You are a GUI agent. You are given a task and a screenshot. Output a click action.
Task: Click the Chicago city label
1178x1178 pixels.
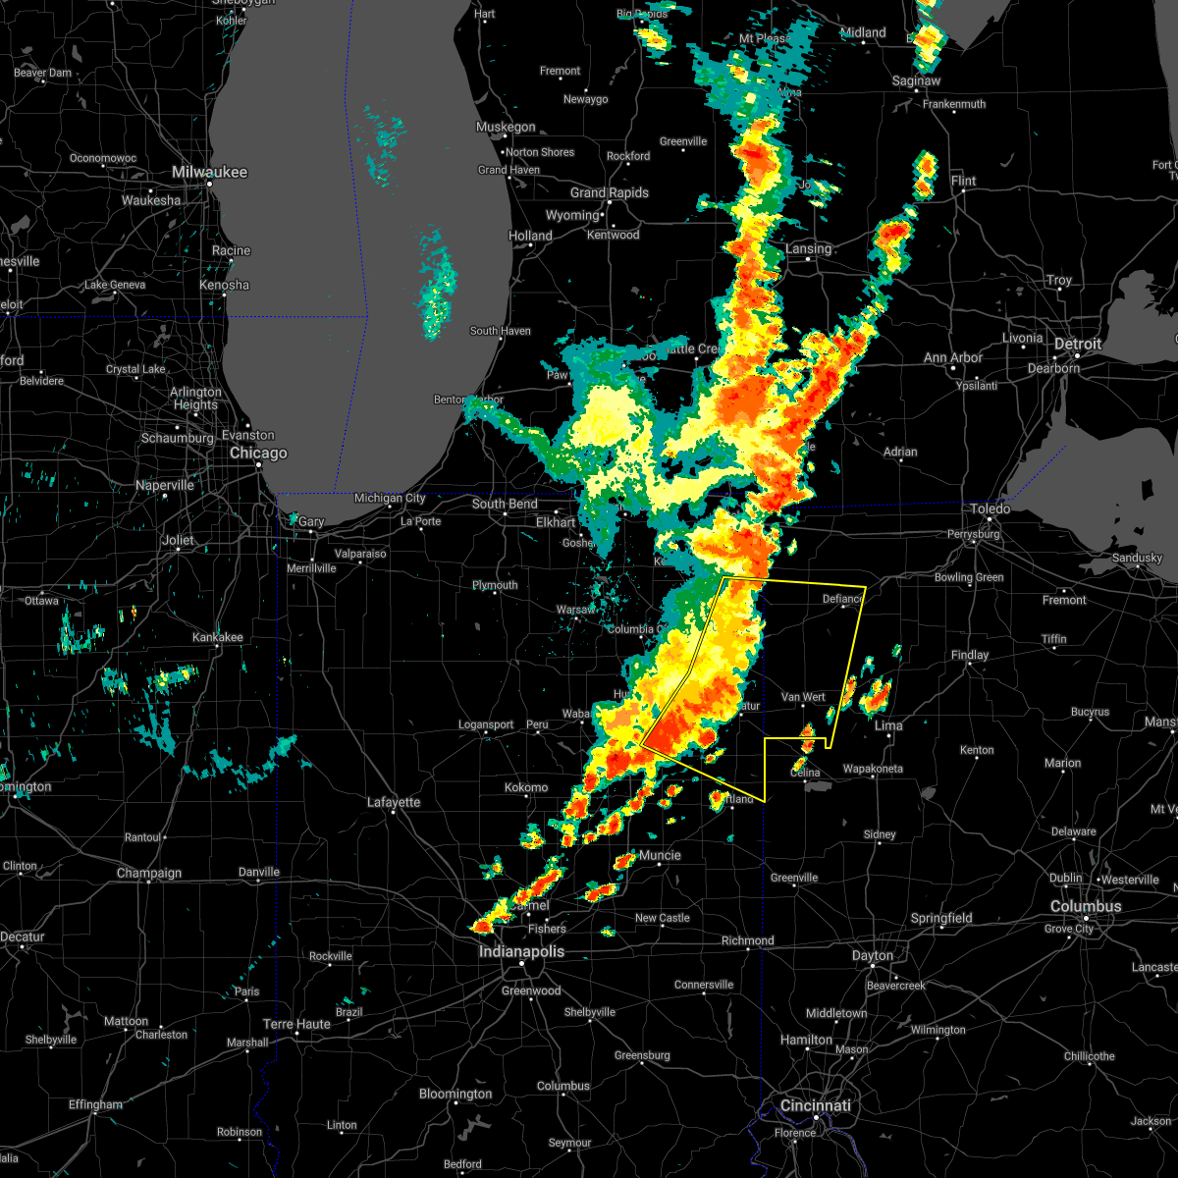[258, 453]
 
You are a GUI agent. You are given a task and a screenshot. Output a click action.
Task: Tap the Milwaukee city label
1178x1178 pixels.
[210, 172]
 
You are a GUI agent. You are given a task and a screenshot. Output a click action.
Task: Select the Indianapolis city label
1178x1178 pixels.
[521, 951]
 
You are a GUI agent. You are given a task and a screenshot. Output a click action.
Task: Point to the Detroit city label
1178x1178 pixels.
[1078, 344]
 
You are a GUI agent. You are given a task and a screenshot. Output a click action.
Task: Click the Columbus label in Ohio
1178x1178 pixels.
[1085, 906]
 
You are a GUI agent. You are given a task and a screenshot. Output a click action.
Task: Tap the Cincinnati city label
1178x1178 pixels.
[815, 1105]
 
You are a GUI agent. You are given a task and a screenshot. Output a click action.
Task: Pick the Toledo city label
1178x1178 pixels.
[991, 509]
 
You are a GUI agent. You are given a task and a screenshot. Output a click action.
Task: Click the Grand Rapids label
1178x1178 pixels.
[610, 192]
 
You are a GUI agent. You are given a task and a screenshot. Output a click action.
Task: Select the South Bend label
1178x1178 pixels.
[505, 504]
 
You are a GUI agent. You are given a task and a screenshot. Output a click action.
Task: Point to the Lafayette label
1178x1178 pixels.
[394, 802]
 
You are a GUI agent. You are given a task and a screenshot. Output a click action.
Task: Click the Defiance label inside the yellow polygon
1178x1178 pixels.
[842, 599]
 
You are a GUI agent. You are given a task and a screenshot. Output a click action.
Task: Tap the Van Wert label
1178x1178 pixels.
[803, 697]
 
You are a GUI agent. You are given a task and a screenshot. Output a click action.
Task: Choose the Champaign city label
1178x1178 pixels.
[149, 873]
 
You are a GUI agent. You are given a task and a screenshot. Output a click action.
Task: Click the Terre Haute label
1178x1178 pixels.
[297, 1024]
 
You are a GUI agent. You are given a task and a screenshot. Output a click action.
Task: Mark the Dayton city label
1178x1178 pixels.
[873, 955]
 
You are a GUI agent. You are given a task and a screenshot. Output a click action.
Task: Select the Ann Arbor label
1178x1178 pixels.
[952, 357]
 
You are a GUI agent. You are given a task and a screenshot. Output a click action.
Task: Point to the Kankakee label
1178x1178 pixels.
[217, 637]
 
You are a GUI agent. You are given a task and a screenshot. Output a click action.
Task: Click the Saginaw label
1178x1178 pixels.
[916, 80]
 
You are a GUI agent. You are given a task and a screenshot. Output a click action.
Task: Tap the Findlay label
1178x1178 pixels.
[970, 655]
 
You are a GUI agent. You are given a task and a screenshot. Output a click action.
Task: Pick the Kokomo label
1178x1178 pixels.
[526, 787]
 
